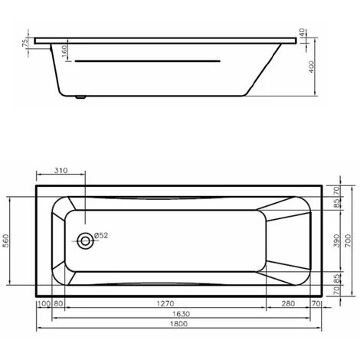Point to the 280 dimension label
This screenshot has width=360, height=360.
click(286, 303)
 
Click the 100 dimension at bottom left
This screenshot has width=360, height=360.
click(43, 303)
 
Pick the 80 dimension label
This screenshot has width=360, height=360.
click(57, 303)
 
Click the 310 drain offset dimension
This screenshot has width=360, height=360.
click(63, 171)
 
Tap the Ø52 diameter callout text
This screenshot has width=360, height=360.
click(102, 235)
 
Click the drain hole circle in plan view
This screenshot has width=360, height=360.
click(85, 241)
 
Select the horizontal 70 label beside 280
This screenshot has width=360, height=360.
click(315, 303)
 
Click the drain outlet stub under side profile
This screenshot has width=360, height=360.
click(83, 98)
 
